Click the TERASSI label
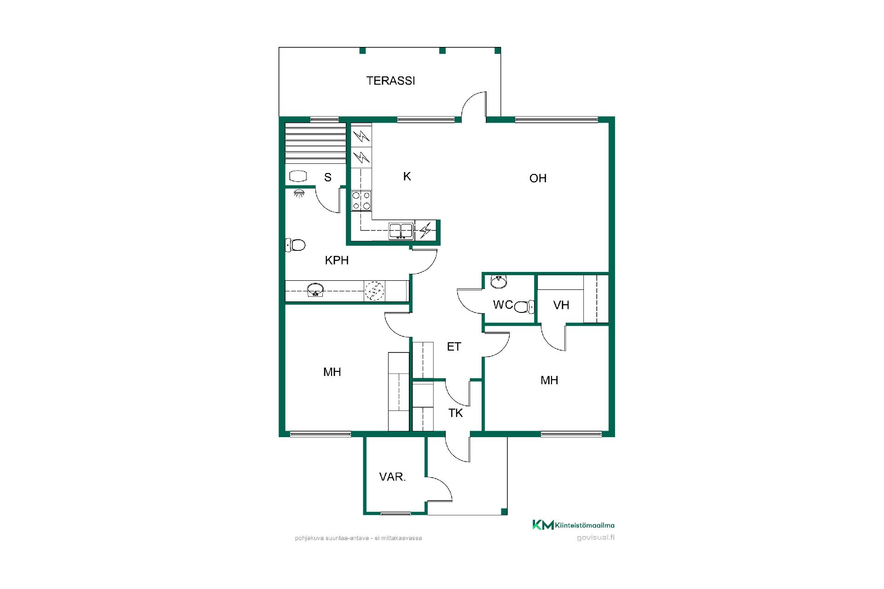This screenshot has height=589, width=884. tap(390, 81)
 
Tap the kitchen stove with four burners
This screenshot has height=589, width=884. tap(361, 201)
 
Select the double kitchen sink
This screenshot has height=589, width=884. tap(401, 231)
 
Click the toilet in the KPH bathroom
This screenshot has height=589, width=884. tap(296, 245)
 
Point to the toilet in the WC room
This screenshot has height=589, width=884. tap(524, 306)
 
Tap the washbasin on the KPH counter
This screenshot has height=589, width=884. tap(315, 290)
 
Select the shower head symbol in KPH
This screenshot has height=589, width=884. tap(299, 193)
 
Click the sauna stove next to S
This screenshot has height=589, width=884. tap(298, 176)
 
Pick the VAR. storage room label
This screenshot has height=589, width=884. tap(392, 477)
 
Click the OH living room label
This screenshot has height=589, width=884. tap(538, 179)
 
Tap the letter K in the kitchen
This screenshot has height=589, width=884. tap(407, 176)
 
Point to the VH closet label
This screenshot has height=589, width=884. tap(561, 305)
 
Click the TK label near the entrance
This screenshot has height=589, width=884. tap(456, 413)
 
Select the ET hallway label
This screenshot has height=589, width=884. tap(454, 347)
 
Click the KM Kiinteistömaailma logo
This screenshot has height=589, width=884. tap(573, 525)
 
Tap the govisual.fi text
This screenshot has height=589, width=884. tap(596, 537)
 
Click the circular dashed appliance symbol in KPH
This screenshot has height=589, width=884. tap(374, 291)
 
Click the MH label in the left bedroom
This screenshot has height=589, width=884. tap(332, 372)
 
